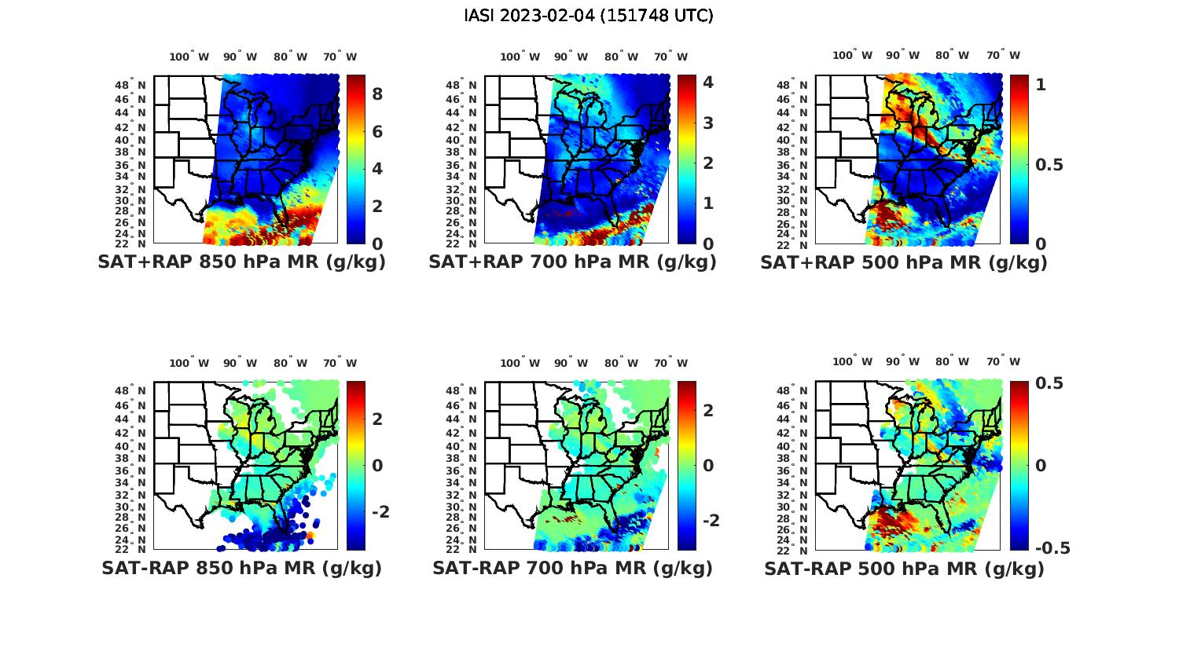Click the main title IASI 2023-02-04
pos(589,16)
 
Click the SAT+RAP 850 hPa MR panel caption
pos(241,262)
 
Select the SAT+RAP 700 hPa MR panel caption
pos(572,262)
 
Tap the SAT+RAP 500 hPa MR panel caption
pos(903,262)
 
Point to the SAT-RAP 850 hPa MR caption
pos(241,568)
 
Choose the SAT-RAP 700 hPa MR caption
pos(572,568)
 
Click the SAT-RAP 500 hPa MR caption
pos(904,569)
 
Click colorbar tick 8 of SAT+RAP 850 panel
pos(377,94)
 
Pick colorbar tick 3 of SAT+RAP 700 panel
pos(708,123)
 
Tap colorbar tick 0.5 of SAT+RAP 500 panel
pos(1049,164)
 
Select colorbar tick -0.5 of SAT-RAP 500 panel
pos(1052,548)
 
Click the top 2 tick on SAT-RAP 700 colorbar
pos(708,410)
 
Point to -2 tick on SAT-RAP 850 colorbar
pos(380,511)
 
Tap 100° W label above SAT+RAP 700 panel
pos(520,57)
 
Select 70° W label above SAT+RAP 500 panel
pos(1003,55)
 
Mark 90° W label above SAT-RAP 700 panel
pos(571,363)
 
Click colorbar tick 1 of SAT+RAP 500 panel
pos(1041,84)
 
